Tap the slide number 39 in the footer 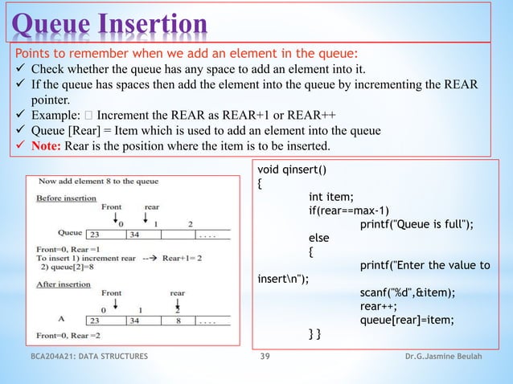click(x=265, y=356)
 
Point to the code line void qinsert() click(x=291, y=170)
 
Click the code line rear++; click(x=378, y=306)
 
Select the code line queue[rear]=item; click(x=407, y=320)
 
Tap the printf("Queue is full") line click(x=416, y=224)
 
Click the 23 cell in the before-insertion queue click(x=96, y=235)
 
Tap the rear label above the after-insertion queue click(x=177, y=293)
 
